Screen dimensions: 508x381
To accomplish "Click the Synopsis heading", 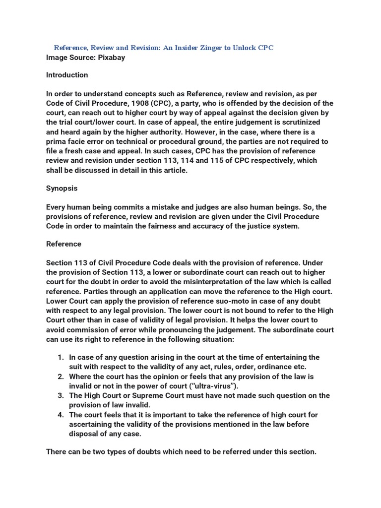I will coord(62,189).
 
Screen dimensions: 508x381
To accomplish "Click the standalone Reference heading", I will coord(63,244).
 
